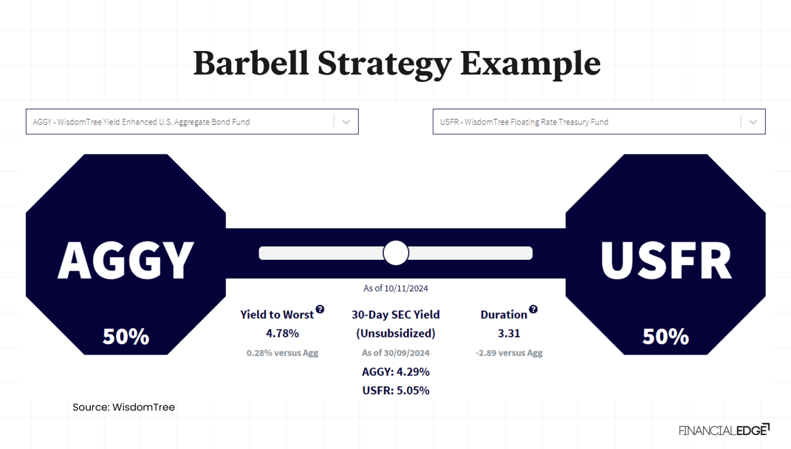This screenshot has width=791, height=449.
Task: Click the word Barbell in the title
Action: (x=251, y=63)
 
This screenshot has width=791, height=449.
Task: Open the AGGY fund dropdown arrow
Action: (x=346, y=122)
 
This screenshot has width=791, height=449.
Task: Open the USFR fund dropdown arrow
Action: (x=753, y=122)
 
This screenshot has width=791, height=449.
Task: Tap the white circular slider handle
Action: (x=395, y=253)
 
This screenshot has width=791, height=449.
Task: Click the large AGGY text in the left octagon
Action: (x=126, y=261)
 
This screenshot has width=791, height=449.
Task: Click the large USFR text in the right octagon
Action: (x=666, y=261)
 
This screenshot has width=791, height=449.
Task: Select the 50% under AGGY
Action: (x=126, y=337)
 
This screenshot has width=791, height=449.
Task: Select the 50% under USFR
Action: (x=665, y=337)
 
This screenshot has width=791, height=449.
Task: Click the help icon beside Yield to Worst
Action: (x=320, y=309)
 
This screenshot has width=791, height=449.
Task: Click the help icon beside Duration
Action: (x=534, y=309)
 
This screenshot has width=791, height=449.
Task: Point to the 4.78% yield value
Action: (x=282, y=334)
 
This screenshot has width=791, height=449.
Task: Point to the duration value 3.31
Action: (x=509, y=334)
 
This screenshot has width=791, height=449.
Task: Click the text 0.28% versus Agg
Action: (x=282, y=353)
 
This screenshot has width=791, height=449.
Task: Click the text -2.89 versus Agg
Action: (x=509, y=353)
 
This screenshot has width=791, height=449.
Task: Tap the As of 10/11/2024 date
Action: (x=395, y=289)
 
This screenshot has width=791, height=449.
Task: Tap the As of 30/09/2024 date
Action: (x=395, y=353)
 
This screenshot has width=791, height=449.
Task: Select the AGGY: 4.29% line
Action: (x=395, y=372)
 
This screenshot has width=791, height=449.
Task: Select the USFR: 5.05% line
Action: (x=395, y=391)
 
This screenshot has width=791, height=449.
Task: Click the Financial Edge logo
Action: (x=724, y=430)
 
